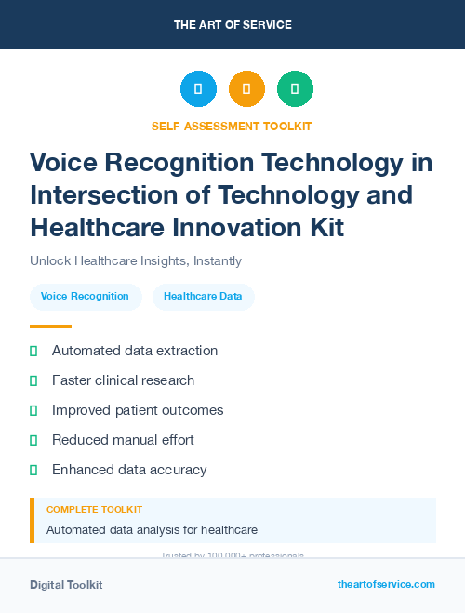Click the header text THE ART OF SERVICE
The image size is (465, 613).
[x=232, y=25]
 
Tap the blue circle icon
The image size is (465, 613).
[x=198, y=88]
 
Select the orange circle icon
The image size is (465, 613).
[x=246, y=88]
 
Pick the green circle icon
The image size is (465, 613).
[x=295, y=88]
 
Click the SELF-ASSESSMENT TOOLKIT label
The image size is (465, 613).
[x=232, y=126]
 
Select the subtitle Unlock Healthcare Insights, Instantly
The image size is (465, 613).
[x=136, y=261]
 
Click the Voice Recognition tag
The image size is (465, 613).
[x=85, y=297]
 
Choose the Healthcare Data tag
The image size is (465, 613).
[x=203, y=297]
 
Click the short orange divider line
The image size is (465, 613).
[x=50, y=326]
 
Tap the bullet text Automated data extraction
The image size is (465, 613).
[x=135, y=351]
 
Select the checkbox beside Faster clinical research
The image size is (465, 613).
[x=33, y=380]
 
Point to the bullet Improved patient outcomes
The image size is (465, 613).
[x=138, y=410]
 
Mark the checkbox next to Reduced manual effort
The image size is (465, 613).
[x=33, y=440]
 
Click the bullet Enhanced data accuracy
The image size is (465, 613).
[x=129, y=470]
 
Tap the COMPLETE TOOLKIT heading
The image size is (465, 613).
[x=94, y=510]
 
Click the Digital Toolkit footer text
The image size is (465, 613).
[x=66, y=585]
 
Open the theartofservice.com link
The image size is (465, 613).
[x=386, y=584]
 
